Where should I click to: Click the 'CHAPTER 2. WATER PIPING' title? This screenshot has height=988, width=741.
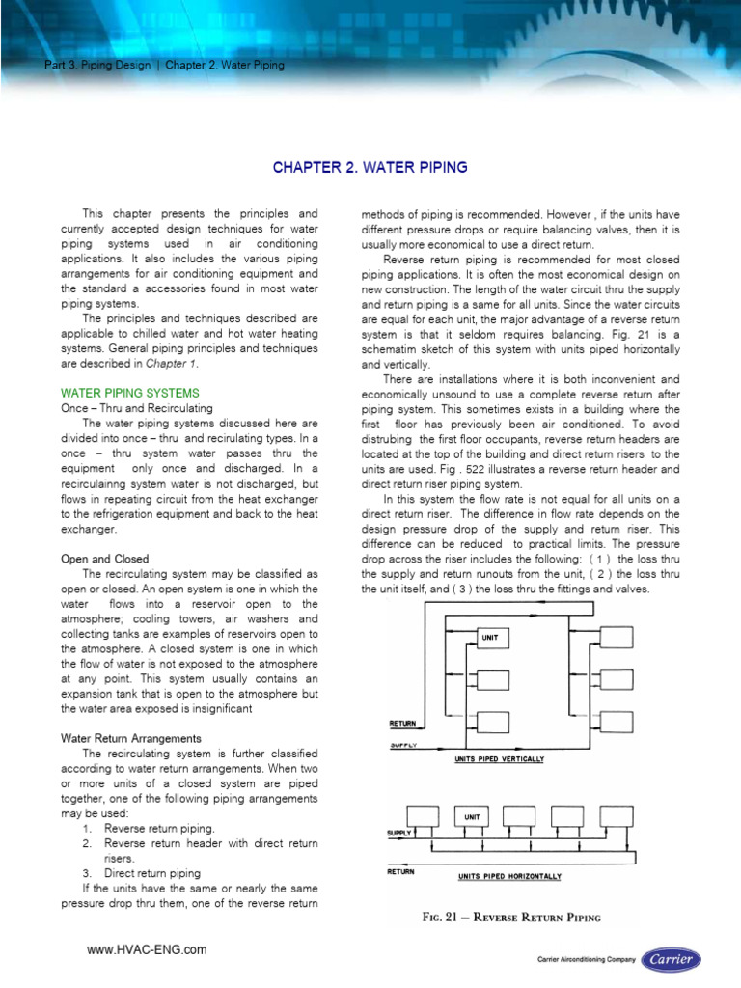[370, 168]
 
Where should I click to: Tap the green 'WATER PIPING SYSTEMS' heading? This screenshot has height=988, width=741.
[130, 393]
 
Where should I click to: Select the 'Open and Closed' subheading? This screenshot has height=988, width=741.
[104, 559]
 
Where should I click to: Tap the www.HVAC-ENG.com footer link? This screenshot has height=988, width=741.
[147, 950]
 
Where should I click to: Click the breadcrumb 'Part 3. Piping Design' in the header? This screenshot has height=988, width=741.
[91, 66]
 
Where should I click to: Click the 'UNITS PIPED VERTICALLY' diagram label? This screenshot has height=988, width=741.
[499, 759]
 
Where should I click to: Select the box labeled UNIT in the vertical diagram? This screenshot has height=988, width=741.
[491, 637]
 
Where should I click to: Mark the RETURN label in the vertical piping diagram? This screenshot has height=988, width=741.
[402, 723]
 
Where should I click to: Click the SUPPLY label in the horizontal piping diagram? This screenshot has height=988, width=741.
[398, 831]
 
